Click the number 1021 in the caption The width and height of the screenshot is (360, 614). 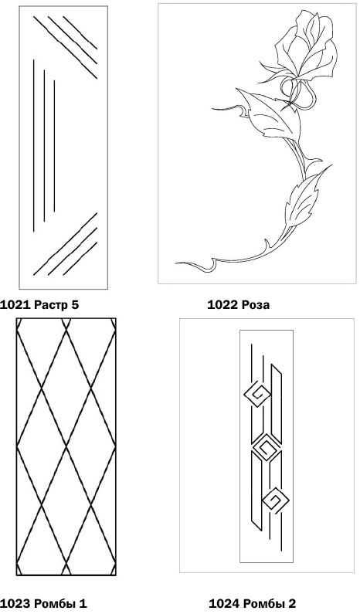point(15,304)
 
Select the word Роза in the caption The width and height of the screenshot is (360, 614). point(255,304)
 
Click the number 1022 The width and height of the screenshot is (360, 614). point(222,304)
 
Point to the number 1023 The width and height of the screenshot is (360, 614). point(15,603)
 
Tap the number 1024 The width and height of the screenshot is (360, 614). point(224,603)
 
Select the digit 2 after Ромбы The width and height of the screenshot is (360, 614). point(292,603)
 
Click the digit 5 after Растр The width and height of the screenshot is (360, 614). point(75,304)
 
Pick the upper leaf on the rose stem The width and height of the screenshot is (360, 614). point(270,116)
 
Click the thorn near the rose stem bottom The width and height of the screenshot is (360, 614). point(267,246)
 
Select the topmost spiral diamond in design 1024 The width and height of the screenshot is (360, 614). point(257,395)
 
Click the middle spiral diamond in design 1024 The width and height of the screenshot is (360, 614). point(267,447)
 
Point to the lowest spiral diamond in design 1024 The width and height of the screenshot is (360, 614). point(275,500)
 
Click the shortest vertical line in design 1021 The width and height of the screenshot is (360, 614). point(54,146)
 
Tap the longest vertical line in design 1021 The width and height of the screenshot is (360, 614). point(34,146)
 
